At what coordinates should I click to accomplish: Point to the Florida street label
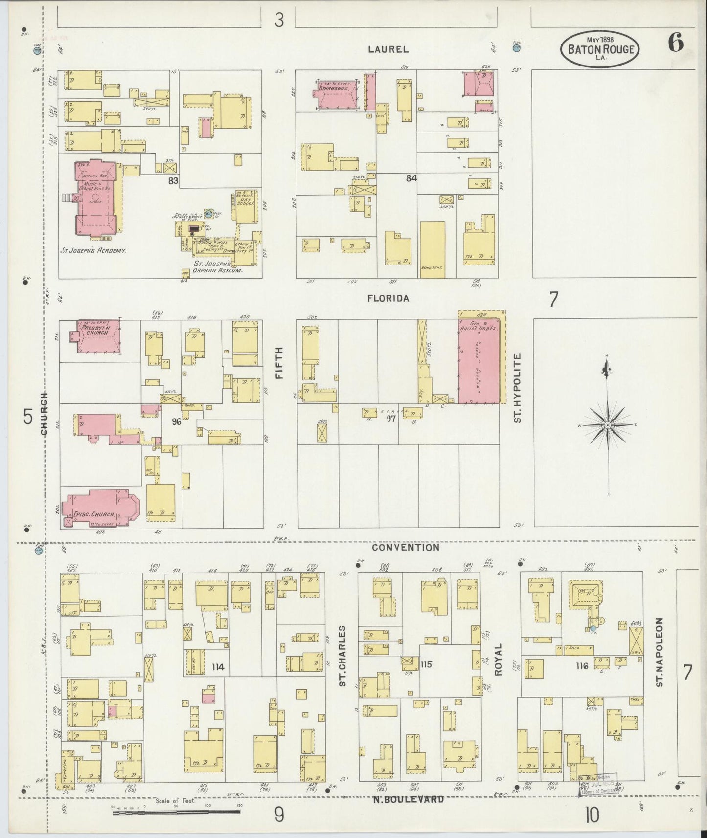395,298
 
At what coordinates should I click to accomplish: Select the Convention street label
406,548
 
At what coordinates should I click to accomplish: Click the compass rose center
607,425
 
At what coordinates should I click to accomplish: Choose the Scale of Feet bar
176,812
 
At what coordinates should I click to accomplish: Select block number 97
391,419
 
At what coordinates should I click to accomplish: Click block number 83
172,181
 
